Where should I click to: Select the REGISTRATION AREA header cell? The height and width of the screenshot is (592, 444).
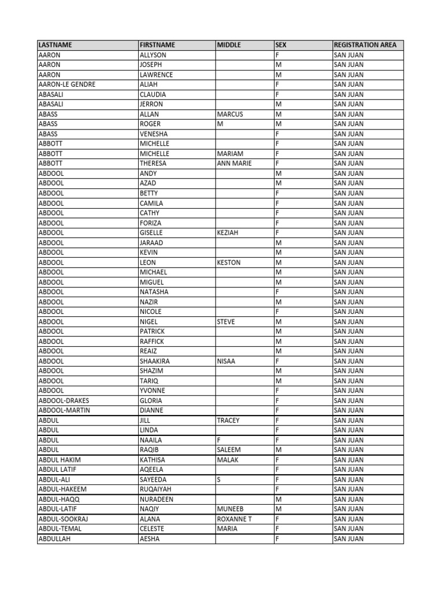[365, 45]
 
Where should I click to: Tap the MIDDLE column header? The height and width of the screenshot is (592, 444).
[229, 45]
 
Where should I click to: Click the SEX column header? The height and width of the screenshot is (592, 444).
[282, 45]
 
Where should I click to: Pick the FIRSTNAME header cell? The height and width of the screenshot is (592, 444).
[157, 45]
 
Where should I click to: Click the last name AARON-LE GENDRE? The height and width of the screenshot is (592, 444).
[66, 84]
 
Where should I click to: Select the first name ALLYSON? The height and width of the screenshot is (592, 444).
[153, 55]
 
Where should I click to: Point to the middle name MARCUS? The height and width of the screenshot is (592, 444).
[230, 114]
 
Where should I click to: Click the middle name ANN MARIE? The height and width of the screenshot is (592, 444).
[234, 164]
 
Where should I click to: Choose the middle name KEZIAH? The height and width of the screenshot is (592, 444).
[228, 232]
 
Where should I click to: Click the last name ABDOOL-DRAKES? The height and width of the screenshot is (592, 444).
[64, 400]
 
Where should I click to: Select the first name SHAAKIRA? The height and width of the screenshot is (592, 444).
[154, 361]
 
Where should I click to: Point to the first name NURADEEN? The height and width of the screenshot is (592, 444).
[156, 499]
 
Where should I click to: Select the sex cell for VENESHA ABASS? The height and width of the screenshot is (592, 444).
[278, 134]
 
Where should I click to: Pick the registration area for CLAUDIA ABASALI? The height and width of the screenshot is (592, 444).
[349, 94]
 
